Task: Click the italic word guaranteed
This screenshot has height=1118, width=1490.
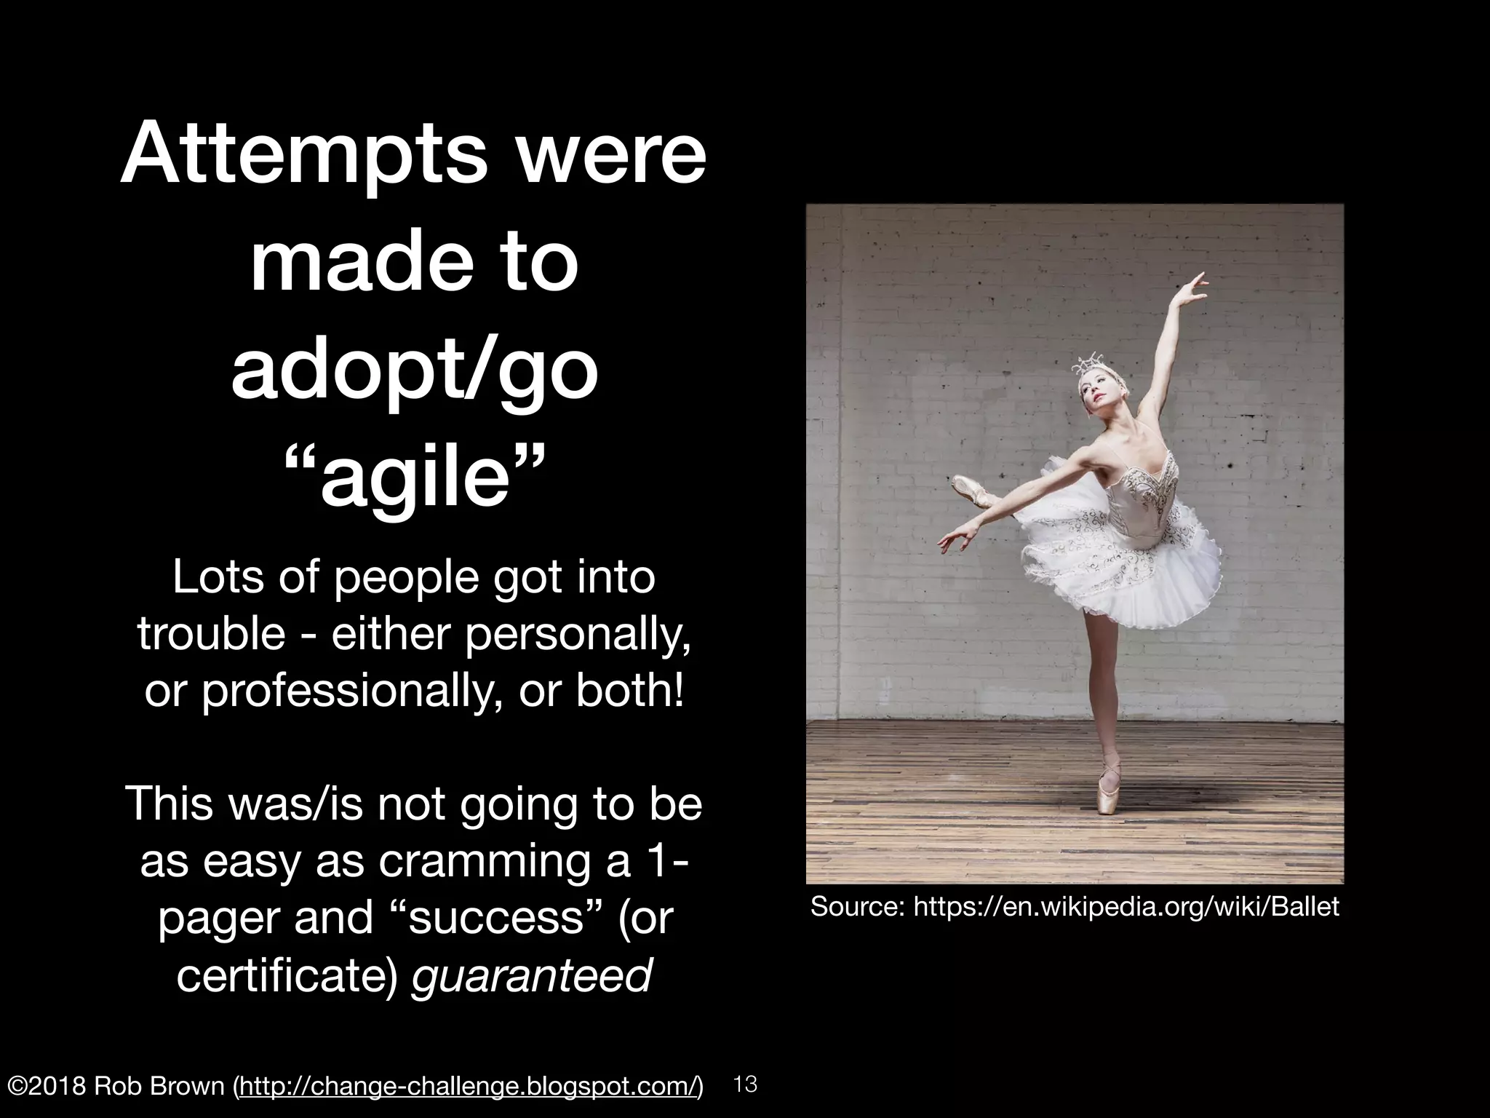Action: [531, 975]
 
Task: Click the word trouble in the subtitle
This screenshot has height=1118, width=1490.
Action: [211, 633]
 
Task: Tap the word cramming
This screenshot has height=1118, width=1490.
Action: [482, 861]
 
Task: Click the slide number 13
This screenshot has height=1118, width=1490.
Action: [746, 1085]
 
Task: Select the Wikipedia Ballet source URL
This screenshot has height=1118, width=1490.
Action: [1126, 906]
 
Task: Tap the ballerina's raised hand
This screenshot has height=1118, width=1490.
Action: [1198, 282]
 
